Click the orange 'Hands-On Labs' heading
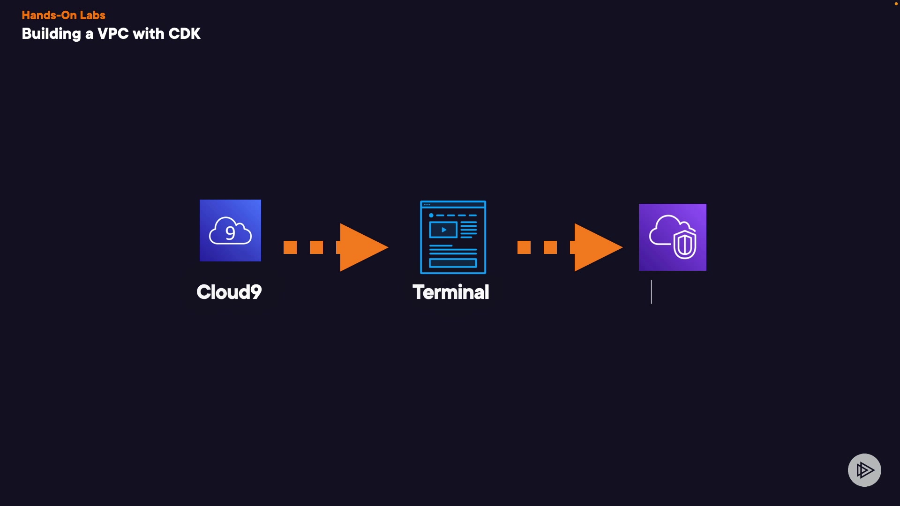(x=63, y=15)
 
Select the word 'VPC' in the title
(x=113, y=34)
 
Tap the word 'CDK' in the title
(x=184, y=34)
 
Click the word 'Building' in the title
(x=51, y=34)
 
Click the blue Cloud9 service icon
(x=230, y=231)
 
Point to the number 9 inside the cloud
(x=230, y=233)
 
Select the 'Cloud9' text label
(x=229, y=292)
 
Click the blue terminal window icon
(x=453, y=237)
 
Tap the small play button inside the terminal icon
(x=443, y=230)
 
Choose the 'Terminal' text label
(x=450, y=292)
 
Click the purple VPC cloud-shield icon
(x=672, y=237)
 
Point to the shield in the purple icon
(x=685, y=244)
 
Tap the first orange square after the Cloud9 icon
(x=290, y=247)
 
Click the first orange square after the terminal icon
(x=524, y=247)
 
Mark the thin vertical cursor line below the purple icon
(x=651, y=292)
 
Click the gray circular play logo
(x=864, y=470)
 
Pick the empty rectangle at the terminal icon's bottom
(x=453, y=263)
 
